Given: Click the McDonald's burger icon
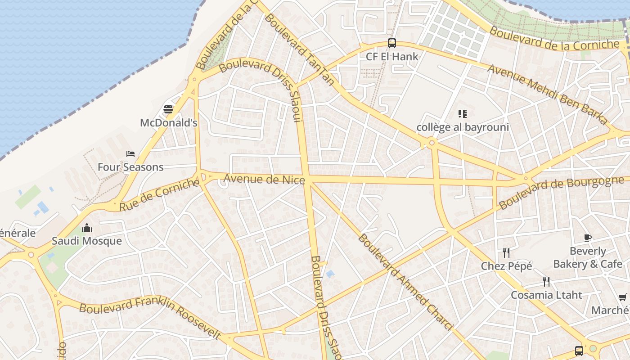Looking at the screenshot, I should (168, 109).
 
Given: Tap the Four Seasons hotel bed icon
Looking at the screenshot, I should (130, 154).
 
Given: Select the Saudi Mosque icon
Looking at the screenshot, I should (87, 228).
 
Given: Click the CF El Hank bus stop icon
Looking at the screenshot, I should (392, 43).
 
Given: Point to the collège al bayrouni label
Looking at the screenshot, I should (463, 127).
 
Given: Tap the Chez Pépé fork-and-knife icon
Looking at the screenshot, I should (506, 253).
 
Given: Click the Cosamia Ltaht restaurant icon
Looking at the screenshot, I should (546, 282).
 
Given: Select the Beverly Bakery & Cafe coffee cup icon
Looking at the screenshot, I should (587, 238).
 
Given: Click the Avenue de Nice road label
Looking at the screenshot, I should (264, 179).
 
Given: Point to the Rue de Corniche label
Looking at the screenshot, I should (159, 195).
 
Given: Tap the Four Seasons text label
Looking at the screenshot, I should (130, 167).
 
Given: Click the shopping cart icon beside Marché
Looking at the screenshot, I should (623, 297).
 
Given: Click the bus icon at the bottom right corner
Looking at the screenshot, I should (579, 351).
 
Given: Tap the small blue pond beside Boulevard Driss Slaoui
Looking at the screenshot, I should (330, 274).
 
